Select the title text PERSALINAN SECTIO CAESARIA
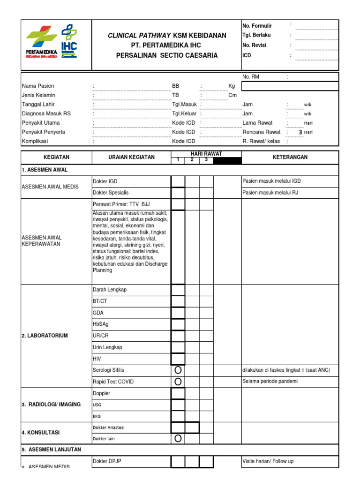pos(167,55)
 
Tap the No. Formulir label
pos(257,26)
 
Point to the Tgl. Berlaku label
pos(256,35)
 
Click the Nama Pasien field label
pos(38,86)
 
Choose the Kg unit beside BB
pos(232,86)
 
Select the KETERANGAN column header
pos(290,157)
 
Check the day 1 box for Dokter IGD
pos(178,181)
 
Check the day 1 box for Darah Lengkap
pos(178,290)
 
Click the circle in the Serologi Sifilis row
pos(178,370)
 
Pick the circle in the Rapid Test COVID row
pos(178,382)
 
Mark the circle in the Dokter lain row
pos(178,439)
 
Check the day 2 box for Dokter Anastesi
pos(192,427)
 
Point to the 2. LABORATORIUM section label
pos(45,336)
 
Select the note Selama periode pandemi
pos(270,382)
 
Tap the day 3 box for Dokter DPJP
pos(206,462)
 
